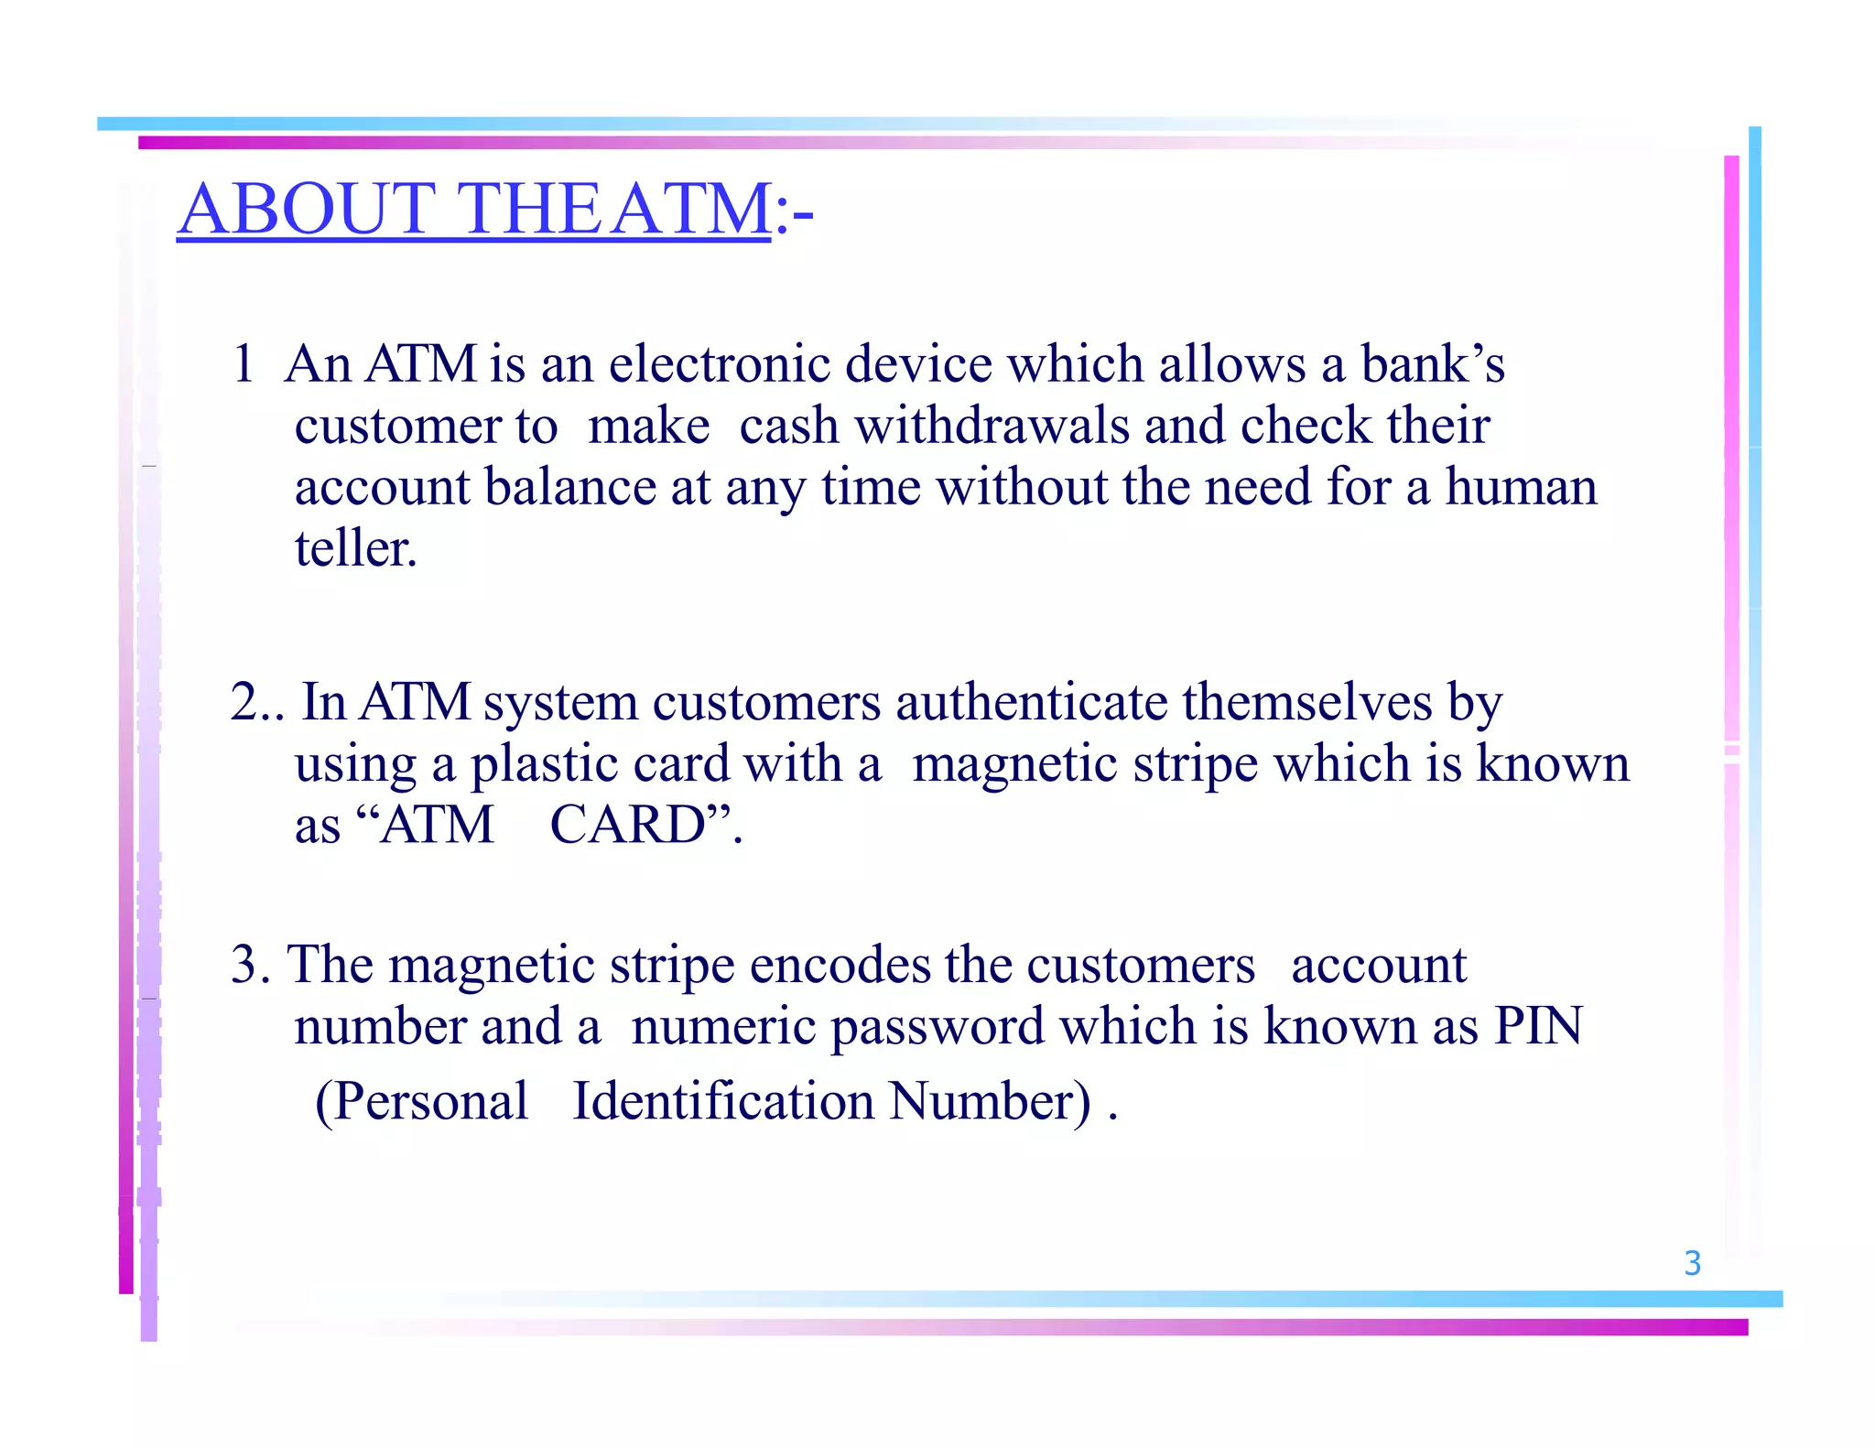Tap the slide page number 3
pyautogui.click(x=1692, y=1263)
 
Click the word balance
pyautogui.click(x=570, y=487)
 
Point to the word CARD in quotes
pyautogui.click(x=628, y=826)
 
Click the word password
pyautogui.click(x=937, y=1026)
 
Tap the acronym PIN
pyautogui.click(x=1538, y=1026)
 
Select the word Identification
pyautogui.click(x=723, y=1101)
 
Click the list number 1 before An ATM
pyautogui.click(x=243, y=364)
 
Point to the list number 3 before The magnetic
pyautogui.click(x=244, y=965)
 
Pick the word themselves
pyautogui.click(x=1306, y=703)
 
